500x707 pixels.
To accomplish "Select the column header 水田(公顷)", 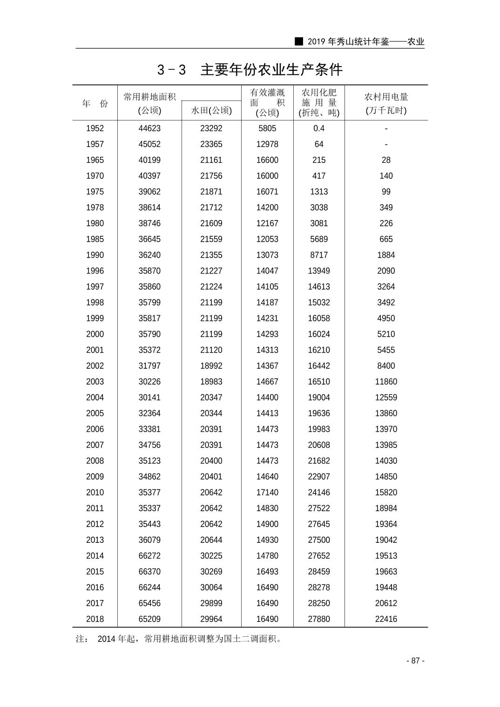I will pos(211,110).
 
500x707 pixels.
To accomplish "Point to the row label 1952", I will pos(95,128).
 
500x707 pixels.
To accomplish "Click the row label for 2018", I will pos(95,619).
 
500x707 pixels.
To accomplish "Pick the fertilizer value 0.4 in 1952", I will pos(319,128).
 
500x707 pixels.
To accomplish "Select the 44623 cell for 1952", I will pos(149,128).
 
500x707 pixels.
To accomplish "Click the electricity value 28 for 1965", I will pos(386,160).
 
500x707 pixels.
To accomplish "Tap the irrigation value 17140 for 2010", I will pos(267,493).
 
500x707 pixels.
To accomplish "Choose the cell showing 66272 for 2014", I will pos(149,556).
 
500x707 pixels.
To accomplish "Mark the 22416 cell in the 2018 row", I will pos(386,619).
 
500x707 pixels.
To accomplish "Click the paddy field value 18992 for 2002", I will pos(211,366).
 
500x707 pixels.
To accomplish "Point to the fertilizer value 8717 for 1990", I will pos(319,255).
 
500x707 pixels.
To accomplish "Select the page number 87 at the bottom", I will pos(415,661).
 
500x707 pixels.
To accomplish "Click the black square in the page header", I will pos(299,41).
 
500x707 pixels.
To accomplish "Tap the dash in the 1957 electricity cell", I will pos(386,144).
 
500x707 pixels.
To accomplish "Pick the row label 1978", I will pos(95,207).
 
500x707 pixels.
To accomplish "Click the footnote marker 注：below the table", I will pos(82,639).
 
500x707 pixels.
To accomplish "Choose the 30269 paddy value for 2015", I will pos(211,572).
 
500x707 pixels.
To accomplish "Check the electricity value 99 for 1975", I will pos(386,192).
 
